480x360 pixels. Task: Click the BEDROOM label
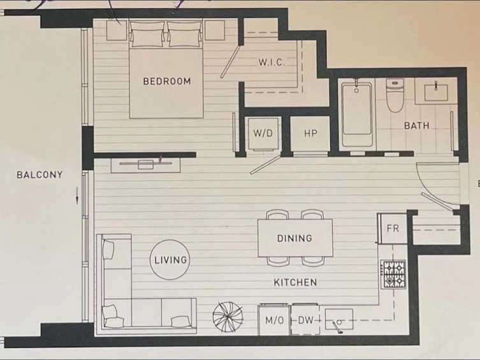[167, 81]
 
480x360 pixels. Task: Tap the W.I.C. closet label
[272, 62]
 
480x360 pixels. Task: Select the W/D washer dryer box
[263, 133]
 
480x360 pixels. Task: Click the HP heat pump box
[310, 133]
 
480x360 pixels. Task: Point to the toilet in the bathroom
[395, 95]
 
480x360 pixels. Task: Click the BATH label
[416, 126]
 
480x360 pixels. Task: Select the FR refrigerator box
[393, 229]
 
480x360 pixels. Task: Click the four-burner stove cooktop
[393, 275]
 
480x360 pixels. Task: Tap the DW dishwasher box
[305, 320]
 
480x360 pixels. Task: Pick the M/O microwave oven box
[274, 320]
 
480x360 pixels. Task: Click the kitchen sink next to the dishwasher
[339, 319]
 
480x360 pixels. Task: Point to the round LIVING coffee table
[170, 260]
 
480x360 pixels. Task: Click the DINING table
[295, 238]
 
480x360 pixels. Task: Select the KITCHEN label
[295, 282]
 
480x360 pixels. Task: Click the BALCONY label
[40, 175]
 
